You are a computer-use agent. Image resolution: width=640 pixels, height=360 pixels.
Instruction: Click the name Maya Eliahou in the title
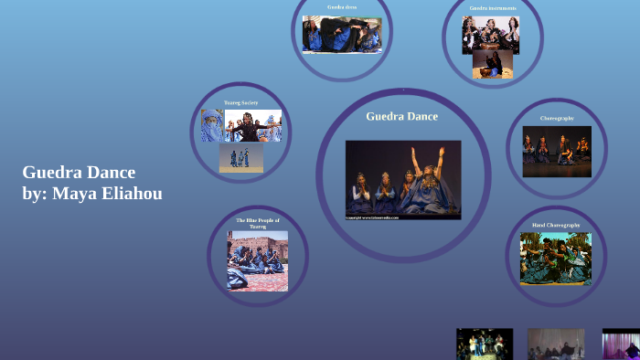108,193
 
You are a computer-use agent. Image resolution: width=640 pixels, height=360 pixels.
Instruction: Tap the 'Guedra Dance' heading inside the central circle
401,116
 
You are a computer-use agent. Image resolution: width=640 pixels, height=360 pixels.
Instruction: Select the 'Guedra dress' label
341,7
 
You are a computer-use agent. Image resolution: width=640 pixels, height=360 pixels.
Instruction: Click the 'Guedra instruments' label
493,8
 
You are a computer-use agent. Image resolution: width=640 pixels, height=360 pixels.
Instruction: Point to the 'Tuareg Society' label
240,102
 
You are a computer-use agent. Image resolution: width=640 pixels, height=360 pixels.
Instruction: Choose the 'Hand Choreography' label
556,225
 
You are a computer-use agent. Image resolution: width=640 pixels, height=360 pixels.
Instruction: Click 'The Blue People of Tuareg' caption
258,223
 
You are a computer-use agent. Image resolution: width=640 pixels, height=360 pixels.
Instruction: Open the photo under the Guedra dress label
341,34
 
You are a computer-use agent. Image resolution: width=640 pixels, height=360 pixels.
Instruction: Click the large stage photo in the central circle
402,179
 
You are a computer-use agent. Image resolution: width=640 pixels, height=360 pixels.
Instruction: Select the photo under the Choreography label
557,151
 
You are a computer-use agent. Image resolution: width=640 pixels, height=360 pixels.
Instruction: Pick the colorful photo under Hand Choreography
555,259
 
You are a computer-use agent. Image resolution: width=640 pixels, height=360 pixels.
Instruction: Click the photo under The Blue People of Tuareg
257,260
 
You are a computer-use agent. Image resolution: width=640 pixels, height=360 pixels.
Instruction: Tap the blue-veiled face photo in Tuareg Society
212,126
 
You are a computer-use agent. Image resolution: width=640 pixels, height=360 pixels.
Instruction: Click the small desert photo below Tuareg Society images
240,158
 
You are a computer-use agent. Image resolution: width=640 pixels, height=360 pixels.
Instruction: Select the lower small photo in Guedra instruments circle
492,64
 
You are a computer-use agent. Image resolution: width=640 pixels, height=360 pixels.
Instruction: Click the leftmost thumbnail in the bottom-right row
485,344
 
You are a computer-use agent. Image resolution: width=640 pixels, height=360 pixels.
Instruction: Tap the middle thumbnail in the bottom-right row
556,344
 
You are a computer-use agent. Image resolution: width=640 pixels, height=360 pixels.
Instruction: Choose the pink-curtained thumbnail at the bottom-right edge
621,344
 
